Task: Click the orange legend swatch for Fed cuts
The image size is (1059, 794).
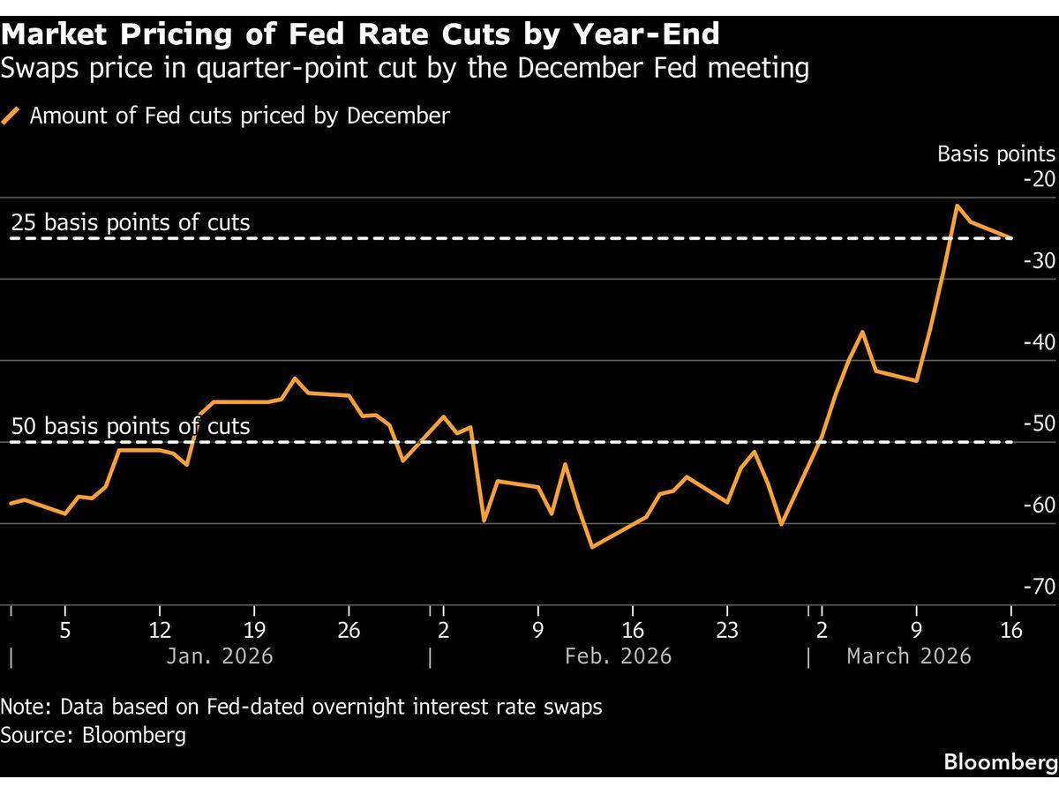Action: coord(11,116)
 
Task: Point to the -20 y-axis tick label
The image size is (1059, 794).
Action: coord(1038,179)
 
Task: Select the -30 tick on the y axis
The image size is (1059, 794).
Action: coord(1038,261)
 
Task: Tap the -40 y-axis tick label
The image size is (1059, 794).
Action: coord(1038,342)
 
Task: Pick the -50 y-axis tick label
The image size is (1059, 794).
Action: coord(1038,423)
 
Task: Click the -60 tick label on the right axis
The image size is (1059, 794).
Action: coord(1038,506)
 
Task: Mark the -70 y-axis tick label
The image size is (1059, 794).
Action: coord(1038,587)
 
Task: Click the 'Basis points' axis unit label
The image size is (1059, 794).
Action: coord(995,154)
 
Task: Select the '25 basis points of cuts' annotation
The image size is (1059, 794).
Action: coord(131,222)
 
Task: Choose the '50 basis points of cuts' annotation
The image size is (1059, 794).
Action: coord(131,426)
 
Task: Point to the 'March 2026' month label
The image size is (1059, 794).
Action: coord(909,656)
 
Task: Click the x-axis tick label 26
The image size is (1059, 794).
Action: coord(349,631)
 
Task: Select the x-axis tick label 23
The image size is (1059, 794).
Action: coord(726,631)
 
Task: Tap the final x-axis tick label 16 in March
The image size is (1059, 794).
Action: coord(1011,631)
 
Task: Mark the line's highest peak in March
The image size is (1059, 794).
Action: coord(956,206)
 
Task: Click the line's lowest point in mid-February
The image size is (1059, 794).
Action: coord(591,547)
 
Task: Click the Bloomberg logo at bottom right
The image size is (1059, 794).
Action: coord(1001,760)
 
